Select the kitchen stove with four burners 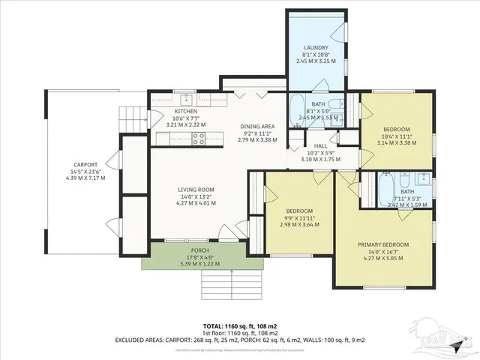click(199, 137)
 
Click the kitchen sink click(185, 100)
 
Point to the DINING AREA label click(256, 126)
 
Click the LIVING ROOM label click(196, 190)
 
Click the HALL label click(320, 145)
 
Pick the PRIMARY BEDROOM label click(383, 245)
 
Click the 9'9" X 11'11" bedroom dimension click(298, 217)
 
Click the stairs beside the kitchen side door click(131, 115)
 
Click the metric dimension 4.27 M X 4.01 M click(196, 202)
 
